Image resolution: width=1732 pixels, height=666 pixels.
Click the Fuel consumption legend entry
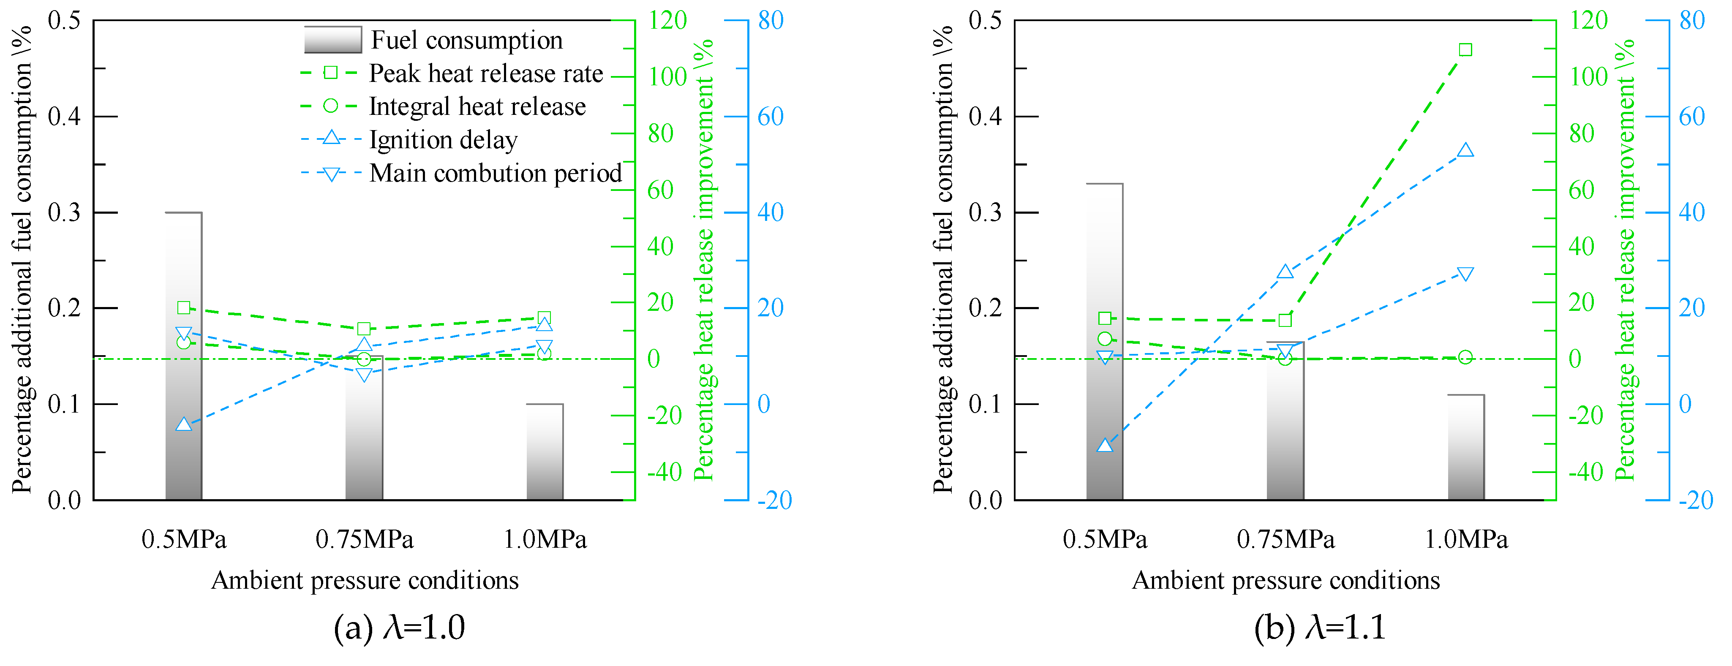[x=466, y=40]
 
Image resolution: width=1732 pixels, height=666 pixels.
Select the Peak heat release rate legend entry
[x=485, y=73]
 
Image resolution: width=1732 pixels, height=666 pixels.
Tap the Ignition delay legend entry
[x=443, y=140]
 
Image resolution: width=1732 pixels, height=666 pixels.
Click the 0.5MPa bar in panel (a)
[x=184, y=356]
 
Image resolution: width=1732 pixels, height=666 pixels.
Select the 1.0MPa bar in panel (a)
[x=545, y=451]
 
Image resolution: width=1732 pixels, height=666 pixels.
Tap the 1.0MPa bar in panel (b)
[x=1466, y=447]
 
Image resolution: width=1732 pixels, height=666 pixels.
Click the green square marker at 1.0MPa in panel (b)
[x=1466, y=50]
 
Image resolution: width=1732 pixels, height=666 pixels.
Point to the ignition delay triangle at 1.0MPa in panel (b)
[x=1466, y=150]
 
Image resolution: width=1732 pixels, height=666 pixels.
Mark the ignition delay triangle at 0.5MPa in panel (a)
[x=184, y=424]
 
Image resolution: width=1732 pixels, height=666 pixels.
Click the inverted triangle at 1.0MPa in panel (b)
[x=1466, y=274]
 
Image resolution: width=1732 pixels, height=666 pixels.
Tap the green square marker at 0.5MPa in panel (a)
[x=184, y=308]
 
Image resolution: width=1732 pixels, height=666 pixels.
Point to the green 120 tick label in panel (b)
[x=1588, y=20]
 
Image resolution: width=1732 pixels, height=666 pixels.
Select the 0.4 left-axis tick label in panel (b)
[x=985, y=116]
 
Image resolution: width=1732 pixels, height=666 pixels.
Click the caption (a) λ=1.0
[x=399, y=628]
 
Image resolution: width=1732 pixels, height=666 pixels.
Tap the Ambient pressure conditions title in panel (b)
[x=1285, y=580]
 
